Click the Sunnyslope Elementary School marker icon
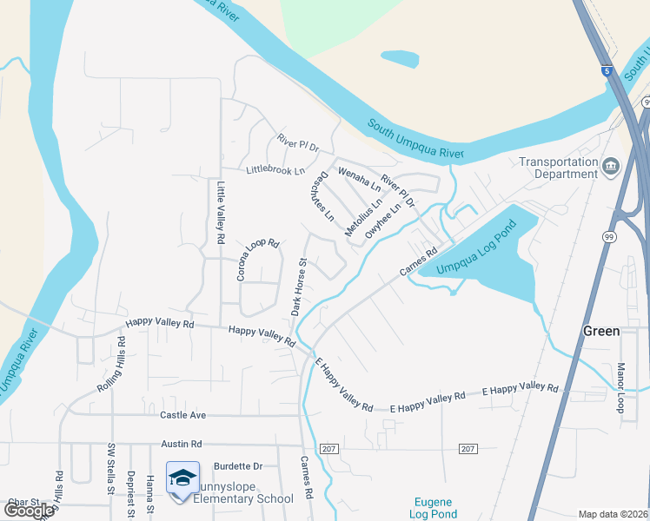tap(183, 478)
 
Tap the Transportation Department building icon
tap(611, 166)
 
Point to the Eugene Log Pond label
tap(433, 508)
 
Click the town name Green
tap(600, 331)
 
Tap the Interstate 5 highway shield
tap(605, 72)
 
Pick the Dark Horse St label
tap(298, 286)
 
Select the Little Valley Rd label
tap(221, 212)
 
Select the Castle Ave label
tap(182, 416)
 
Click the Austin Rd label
tap(181, 443)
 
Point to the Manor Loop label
tap(620, 387)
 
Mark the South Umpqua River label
tap(415, 140)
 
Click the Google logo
tap(28, 511)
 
